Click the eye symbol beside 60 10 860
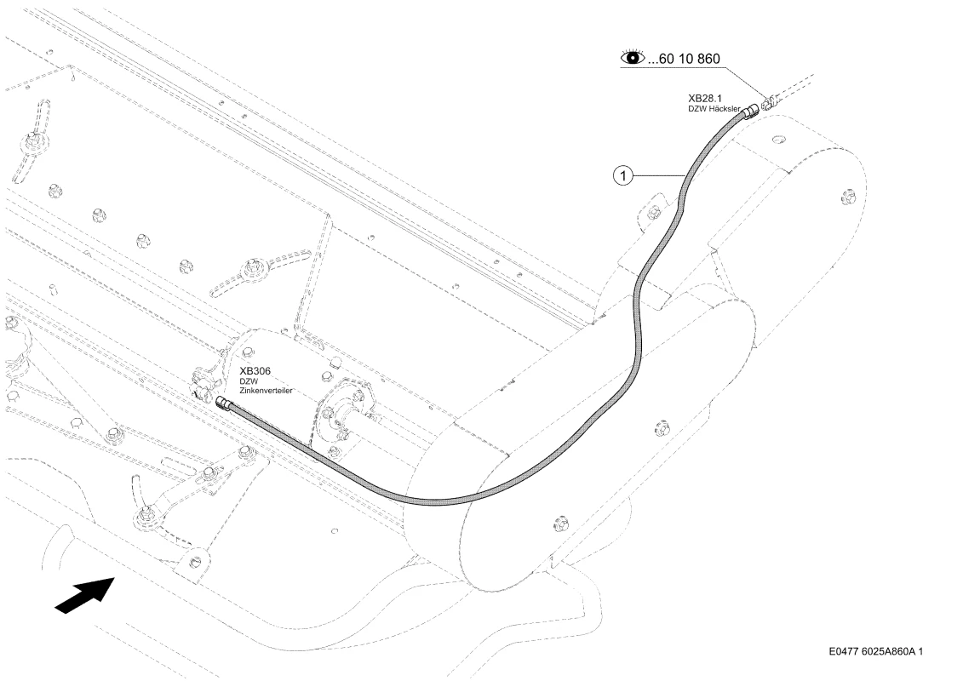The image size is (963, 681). pos(633,58)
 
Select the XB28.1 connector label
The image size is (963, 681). pos(705,98)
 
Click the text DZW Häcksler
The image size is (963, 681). pos(714,109)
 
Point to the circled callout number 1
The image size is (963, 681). pos(623,176)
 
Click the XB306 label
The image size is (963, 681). pos(255,371)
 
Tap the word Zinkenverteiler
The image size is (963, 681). pos(266,391)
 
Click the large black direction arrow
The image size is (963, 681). pos(85,594)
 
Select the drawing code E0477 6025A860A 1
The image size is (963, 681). pos(875,651)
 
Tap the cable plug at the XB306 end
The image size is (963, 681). pos(224,403)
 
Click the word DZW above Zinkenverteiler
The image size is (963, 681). pos(249,381)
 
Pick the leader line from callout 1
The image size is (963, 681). pos(658,176)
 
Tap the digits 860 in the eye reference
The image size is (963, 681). pos(708,59)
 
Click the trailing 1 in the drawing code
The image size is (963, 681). pos(920,651)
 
